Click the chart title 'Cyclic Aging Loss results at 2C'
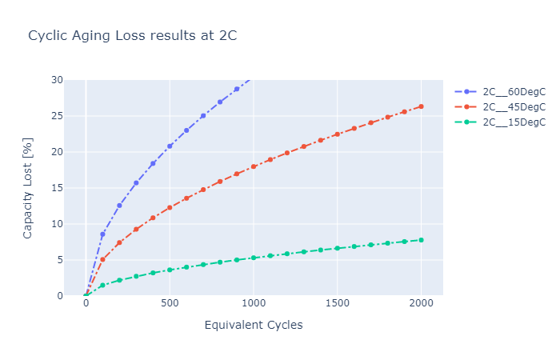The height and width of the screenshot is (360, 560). tap(133, 36)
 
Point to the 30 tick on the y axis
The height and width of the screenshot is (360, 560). tap(56, 80)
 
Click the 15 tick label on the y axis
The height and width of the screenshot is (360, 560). tap(56, 188)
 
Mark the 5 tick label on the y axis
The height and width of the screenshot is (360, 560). tap(58, 260)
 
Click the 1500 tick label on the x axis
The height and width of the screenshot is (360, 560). tap(337, 304)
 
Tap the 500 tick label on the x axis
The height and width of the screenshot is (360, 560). tap(170, 304)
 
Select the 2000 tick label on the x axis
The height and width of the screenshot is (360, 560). tap(421, 304)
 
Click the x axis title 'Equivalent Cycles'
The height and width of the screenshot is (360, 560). tap(254, 325)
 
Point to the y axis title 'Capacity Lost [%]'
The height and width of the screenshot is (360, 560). tap(28, 187)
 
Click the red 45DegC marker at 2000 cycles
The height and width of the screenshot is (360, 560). tap(421, 106)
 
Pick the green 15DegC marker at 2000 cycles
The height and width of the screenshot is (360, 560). tap(421, 240)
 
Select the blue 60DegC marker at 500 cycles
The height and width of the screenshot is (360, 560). tap(170, 146)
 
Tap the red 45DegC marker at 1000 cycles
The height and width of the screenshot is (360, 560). tap(254, 166)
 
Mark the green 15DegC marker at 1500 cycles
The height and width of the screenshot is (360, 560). tap(337, 248)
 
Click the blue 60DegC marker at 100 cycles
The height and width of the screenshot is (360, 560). tap(102, 234)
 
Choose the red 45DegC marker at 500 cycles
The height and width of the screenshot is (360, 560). tap(170, 207)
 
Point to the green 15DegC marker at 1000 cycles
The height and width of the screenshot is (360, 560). tap(254, 258)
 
